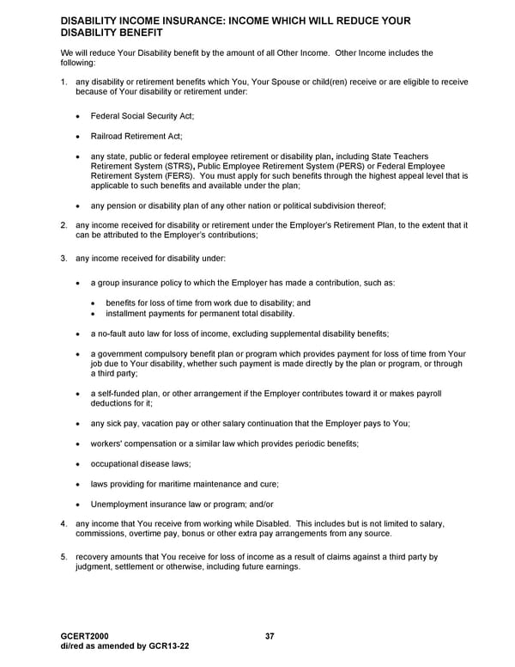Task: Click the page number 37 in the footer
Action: pyautogui.click(x=270, y=636)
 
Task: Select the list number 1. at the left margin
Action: pyautogui.click(x=64, y=82)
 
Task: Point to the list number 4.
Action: pyautogui.click(x=64, y=523)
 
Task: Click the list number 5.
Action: pyautogui.click(x=64, y=557)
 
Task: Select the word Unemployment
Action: pyautogui.click(x=122, y=504)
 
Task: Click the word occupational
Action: pyautogui.click(x=116, y=464)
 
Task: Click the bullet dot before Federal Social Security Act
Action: pyautogui.click(x=79, y=116)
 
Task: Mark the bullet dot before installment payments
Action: pyautogui.click(x=94, y=314)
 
